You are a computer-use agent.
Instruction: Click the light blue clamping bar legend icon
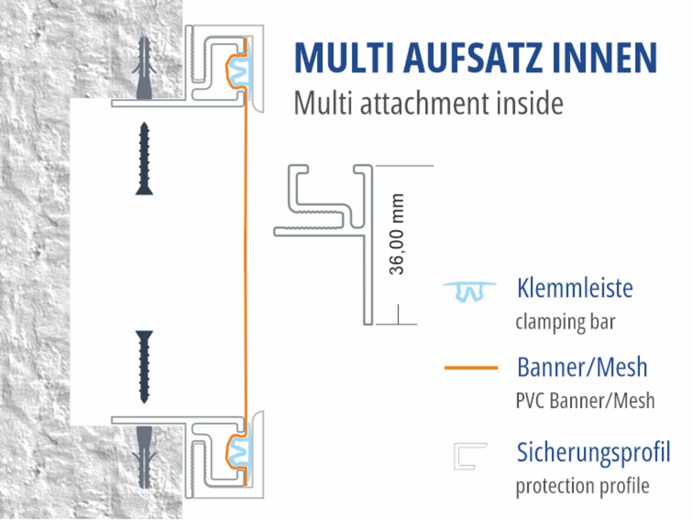(470, 292)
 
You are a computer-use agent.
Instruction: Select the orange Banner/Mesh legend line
(471, 367)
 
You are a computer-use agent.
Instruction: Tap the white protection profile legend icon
(470, 457)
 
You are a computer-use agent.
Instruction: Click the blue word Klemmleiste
(575, 288)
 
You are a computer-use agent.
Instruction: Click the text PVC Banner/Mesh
(585, 401)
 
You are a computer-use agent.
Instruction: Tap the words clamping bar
(566, 323)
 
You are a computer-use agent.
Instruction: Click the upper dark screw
(144, 159)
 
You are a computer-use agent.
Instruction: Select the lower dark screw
(144, 367)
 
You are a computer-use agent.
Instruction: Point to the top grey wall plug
(144, 68)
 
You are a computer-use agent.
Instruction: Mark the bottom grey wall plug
(144, 457)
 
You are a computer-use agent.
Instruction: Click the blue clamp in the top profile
(240, 71)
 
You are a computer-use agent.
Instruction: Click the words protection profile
(583, 486)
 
